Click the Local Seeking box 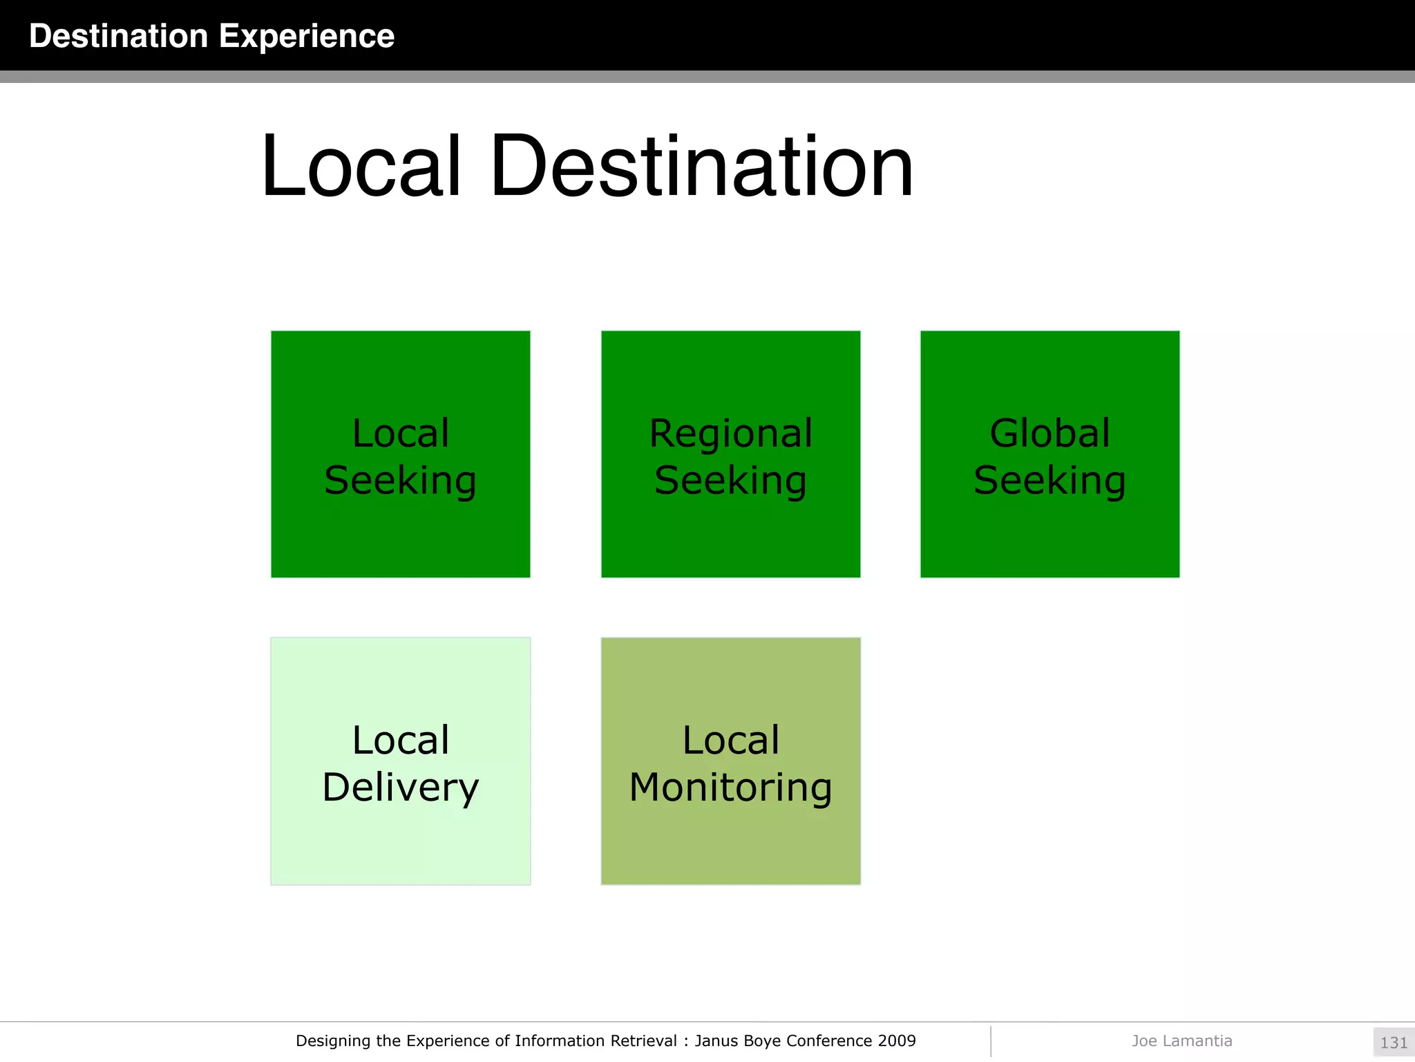pyautogui.click(x=400, y=454)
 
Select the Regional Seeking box pyautogui.click(x=730, y=454)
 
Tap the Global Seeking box pyautogui.click(x=1050, y=454)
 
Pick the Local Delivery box pyautogui.click(x=400, y=761)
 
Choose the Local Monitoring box pyautogui.click(x=730, y=761)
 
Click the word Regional pyautogui.click(x=730, y=434)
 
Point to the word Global pyautogui.click(x=1050, y=434)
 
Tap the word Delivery pyautogui.click(x=400, y=788)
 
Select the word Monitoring pyautogui.click(x=730, y=788)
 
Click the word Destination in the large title pyautogui.click(x=701, y=167)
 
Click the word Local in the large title pyautogui.click(x=361, y=167)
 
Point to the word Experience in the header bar pyautogui.click(x=306, y=36)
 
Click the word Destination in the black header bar pyautogui.click(x=118, y=36)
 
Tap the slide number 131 pyautogui.click(x=1394, y=1043)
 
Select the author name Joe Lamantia pyautogui.click(x=1181, y=1041)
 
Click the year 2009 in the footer pyautogui.click(x=897, y=1041)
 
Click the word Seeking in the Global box pyautogui.click(x=1050, y=481)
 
